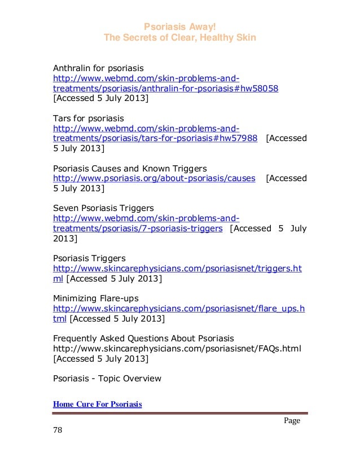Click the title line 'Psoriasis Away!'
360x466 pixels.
point(180,27)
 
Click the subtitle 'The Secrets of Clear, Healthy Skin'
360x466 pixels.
point(180,38)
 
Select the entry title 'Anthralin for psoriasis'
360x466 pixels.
point(98,68)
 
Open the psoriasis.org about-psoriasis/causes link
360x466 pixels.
point(153,179)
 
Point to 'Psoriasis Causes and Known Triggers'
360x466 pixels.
point(130,169)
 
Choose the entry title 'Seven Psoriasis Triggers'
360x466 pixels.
point(103,208)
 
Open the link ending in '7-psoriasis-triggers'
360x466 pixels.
point(137,228)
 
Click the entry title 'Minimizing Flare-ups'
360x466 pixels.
point(95,298)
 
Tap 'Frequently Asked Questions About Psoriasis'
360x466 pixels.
point(143,338)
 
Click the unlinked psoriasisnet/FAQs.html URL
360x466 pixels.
point(177,349)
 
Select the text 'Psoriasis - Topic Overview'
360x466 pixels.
point(107,379)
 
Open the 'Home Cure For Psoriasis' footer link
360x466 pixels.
point(97,405)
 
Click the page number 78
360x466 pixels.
point(57,430)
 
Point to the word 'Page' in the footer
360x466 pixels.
point(292,421)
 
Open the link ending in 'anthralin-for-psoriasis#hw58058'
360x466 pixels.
point(165,89)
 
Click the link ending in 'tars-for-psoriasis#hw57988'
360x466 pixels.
point(155,139)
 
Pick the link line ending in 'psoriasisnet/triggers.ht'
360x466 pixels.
point(177,269)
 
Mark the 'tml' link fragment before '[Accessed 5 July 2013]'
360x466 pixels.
point(60,319)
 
